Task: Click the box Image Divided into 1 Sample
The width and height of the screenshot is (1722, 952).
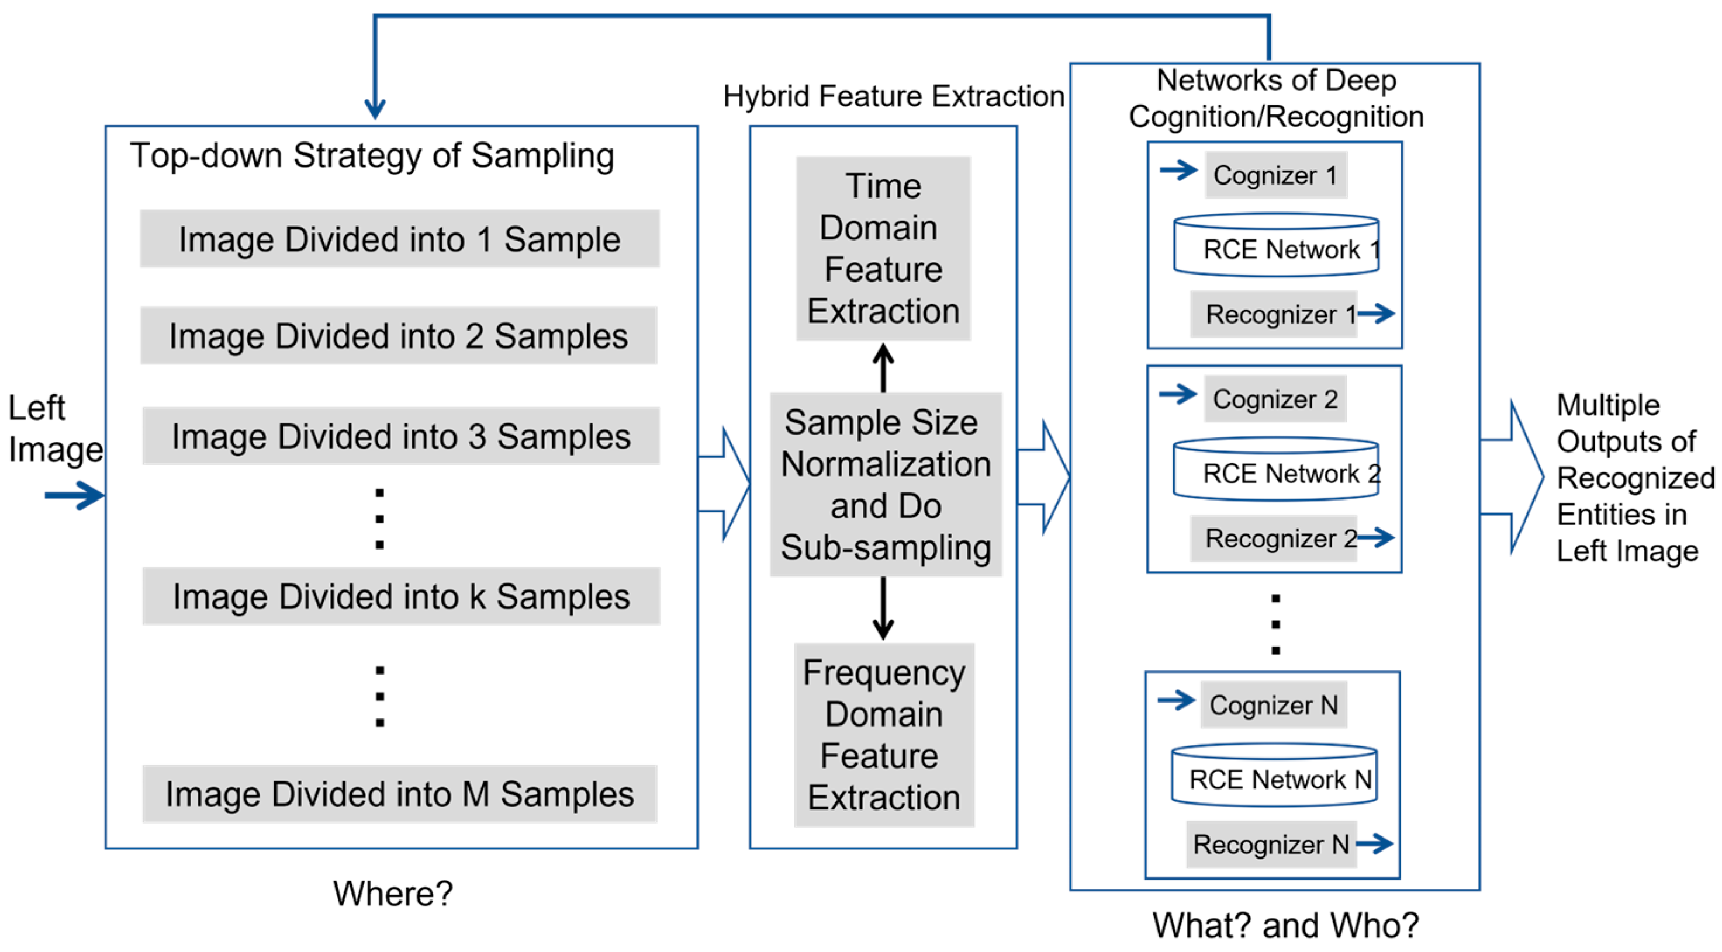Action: tap(399, 239)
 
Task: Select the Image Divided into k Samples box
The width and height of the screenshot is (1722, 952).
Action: tap(401, 596)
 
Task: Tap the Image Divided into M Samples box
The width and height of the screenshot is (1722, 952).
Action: tap(399, 794)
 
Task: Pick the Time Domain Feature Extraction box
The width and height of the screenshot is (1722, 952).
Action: tap(883, 249)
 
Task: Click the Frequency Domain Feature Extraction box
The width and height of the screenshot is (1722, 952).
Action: tap(883, 735)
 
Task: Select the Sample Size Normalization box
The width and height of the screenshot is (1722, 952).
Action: tap(885, 485)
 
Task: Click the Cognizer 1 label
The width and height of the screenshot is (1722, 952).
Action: tap(1275, 175)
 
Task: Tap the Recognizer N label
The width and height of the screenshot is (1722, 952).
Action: tap(1271, 845)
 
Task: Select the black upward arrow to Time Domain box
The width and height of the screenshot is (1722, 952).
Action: tap(883, 367)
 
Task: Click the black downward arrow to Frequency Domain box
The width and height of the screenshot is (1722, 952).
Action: tap(883, 608)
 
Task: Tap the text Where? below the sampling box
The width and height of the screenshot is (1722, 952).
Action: tap(392, 893)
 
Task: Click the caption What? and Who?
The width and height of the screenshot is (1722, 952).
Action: tap(1285, 925)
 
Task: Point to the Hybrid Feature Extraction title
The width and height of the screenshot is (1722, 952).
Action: tap(893, 96)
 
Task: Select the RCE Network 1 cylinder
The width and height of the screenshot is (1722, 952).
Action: tap(1275, 245)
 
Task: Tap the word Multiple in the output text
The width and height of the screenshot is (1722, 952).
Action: tap(1607, 405)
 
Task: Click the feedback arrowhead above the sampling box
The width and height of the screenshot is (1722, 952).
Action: tap(375, 107)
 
